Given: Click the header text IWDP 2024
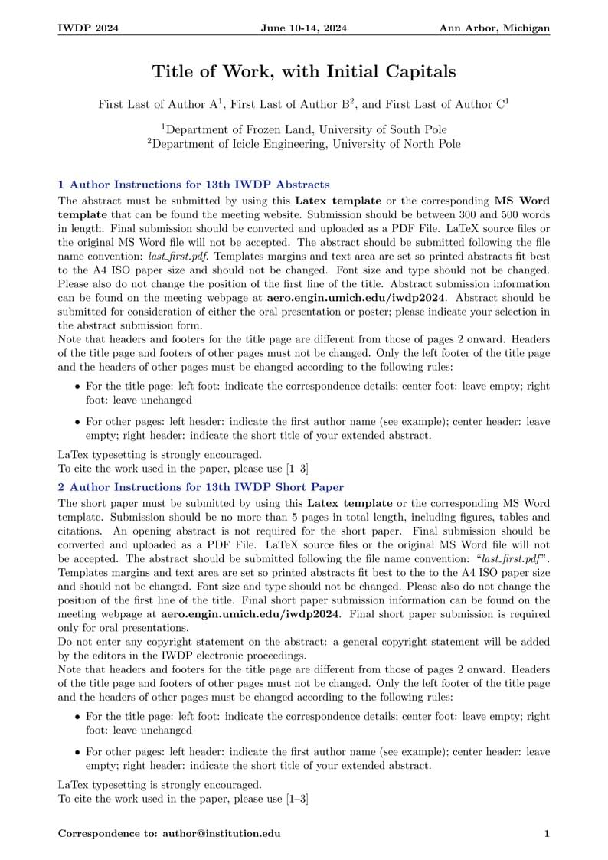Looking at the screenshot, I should click(88, 28).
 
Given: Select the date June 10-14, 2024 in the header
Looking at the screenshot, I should click(304, 28).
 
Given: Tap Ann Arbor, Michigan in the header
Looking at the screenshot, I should click(494, 28).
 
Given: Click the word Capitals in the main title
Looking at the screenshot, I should click(420, 72).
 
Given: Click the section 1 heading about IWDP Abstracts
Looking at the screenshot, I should click(194, 185).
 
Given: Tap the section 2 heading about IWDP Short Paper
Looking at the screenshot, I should click(201, 487).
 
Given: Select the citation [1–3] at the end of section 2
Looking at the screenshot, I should click(297, 799).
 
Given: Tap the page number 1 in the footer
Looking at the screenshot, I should click(546, 834).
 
